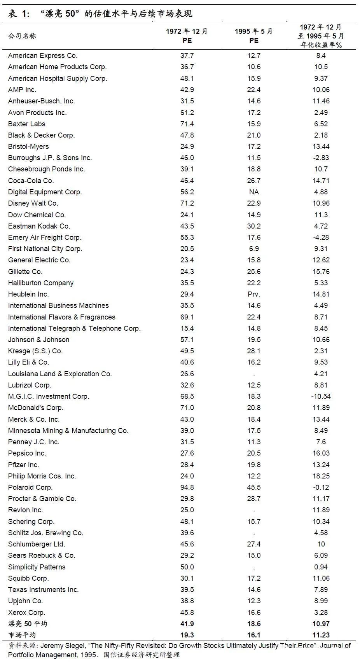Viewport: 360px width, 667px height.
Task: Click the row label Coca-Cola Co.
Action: pos(31,181)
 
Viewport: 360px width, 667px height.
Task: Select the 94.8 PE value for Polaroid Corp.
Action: pos(187,487)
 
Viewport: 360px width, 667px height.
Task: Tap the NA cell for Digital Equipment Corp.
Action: pos(254,192)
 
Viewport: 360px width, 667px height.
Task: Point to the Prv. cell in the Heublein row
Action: pos(254,294)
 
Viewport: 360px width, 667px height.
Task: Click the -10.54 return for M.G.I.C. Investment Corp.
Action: pos(321,396)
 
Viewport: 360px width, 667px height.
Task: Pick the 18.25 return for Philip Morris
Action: pos(321,476)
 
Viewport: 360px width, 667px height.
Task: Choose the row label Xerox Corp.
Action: pos(26,613)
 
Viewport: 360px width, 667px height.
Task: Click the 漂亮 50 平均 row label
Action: pos(28,624)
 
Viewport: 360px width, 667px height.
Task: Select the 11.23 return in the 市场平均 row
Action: pos(321,635)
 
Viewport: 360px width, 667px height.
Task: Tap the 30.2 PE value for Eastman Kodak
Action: pos(254,226)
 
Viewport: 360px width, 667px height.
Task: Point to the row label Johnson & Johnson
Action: pos(38,340)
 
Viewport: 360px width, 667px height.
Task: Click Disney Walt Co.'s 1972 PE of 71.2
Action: pos(187,203)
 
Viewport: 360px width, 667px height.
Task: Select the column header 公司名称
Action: pos(22,36)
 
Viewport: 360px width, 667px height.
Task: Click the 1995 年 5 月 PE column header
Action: pos(254,35)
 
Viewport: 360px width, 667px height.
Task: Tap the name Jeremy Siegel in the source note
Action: pos(63,646)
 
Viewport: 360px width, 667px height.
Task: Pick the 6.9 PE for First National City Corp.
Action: pos(254,249)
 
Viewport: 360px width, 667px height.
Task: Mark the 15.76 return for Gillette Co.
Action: pos(321,272)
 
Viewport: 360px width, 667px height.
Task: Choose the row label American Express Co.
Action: pos(43,56)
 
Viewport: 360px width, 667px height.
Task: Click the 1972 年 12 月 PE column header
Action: pos(187,35)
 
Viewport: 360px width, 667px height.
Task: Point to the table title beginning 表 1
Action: pos(100,14)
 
